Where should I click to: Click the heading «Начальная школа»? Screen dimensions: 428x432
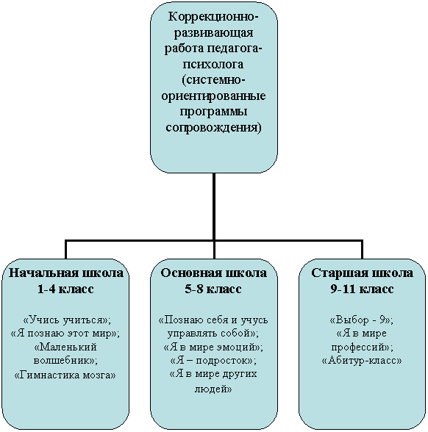click(x=66, y=273)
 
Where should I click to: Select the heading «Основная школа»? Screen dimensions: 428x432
click(x=214, y=273)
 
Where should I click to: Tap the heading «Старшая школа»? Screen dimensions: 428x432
click(x=362, y=273)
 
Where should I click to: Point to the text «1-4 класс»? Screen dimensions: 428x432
click(x=65, y=289)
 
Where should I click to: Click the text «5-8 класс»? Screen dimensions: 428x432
click(x=213, y=289)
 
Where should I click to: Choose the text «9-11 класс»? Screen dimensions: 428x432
click(x=362, y=289)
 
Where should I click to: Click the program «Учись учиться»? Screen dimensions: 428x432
click(x=67, y=320)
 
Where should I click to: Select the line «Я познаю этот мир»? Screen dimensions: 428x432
click(x=65, y=334)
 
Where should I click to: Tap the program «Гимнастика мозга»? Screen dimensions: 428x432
click(x=65, y=375)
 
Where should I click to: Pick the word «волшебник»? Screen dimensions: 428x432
click(x=63, y=360)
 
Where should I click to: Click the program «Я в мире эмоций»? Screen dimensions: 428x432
click(x=213, y=347)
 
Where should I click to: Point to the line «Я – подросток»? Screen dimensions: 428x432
click(x=213, y=360)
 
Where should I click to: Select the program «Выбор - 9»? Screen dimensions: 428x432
click(x=361, y=320)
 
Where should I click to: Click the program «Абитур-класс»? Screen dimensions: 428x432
click(x=362, y=360)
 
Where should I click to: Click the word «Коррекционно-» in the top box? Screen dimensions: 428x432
click(x=213, y=17)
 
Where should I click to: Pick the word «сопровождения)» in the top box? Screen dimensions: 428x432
click(x=213, y=128)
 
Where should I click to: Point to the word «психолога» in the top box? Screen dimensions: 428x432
click(x=213, y=65)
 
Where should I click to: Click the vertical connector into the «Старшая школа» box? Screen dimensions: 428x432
click(x=362, y=250)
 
